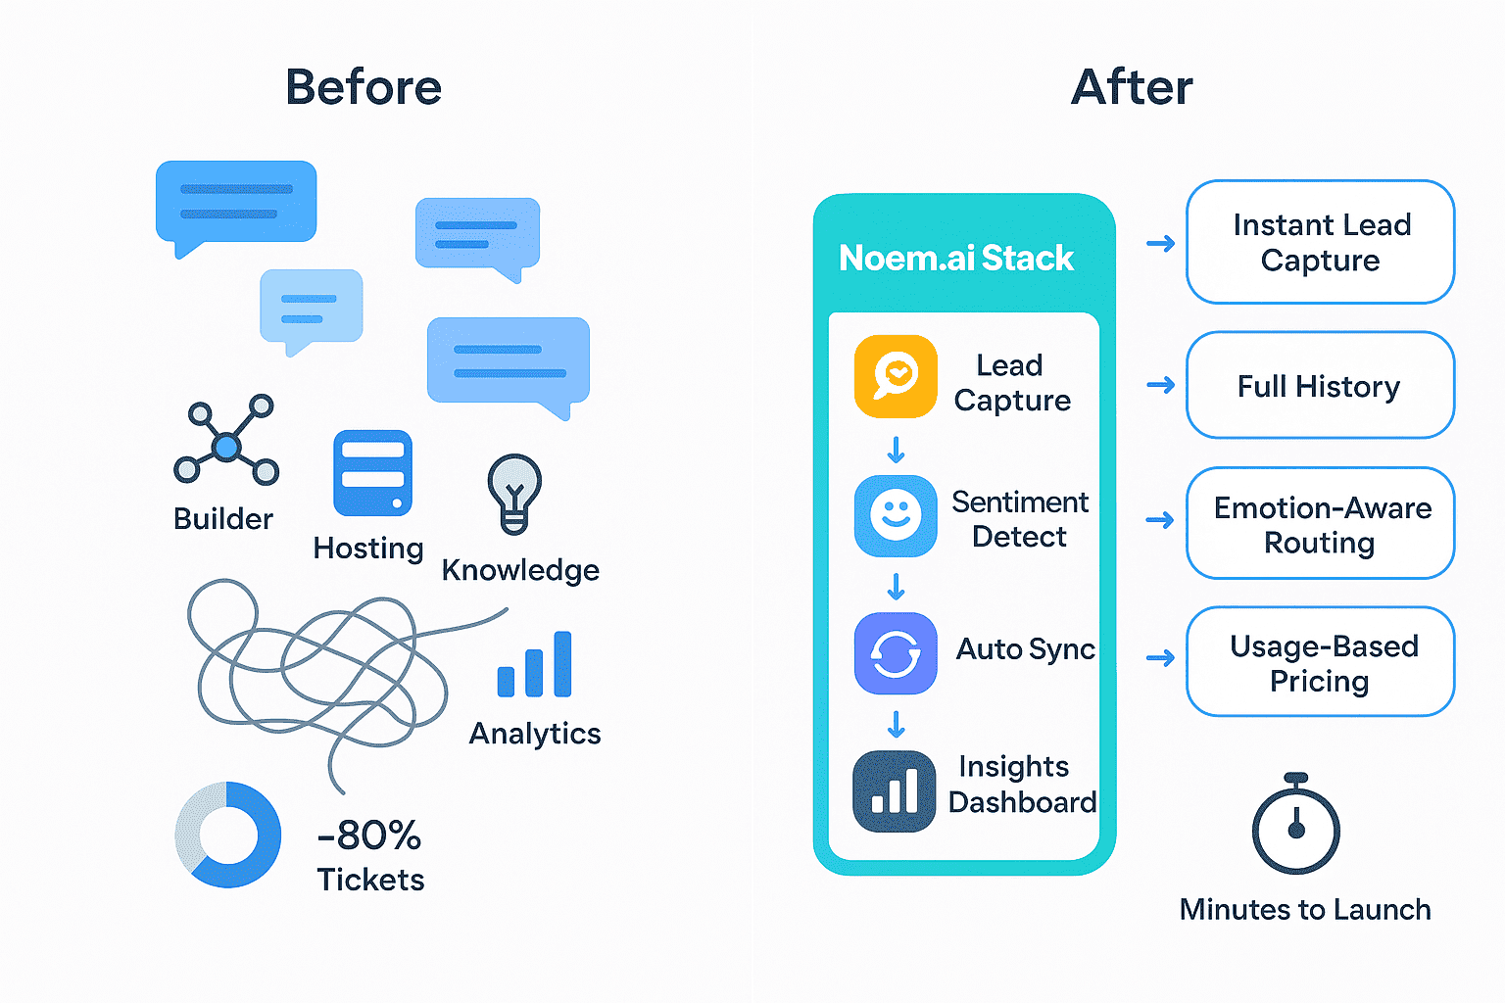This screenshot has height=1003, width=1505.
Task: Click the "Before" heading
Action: point(364,87)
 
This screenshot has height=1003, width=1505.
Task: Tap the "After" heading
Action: point(1132,87)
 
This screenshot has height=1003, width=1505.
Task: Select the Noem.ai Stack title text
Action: point(956,258)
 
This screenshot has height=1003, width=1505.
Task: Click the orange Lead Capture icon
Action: point(896,377)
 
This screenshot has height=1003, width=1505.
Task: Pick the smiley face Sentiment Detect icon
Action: point(896,516)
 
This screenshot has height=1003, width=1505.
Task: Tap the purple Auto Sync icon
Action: point(896,653)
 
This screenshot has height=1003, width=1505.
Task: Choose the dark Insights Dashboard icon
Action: point(895,791)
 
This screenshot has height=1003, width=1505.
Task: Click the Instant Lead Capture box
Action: point(1320,242)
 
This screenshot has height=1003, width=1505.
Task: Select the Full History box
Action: point(1320,386)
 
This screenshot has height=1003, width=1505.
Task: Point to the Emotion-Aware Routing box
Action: point(1320,524)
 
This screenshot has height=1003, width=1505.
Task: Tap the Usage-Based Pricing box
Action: point(1320,662)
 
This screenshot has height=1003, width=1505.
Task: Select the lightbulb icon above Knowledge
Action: point(514,493)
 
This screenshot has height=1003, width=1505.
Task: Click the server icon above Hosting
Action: point(372,473)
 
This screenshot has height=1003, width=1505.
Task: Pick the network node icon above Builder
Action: point(226,442)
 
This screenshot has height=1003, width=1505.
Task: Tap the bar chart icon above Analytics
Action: point(535,665)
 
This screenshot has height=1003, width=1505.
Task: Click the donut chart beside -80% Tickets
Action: point(228,836)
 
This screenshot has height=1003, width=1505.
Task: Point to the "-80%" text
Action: point(369,836)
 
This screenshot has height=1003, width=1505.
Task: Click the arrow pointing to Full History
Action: point(1161,385)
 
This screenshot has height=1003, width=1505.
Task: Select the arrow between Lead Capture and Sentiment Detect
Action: point(896,450)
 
